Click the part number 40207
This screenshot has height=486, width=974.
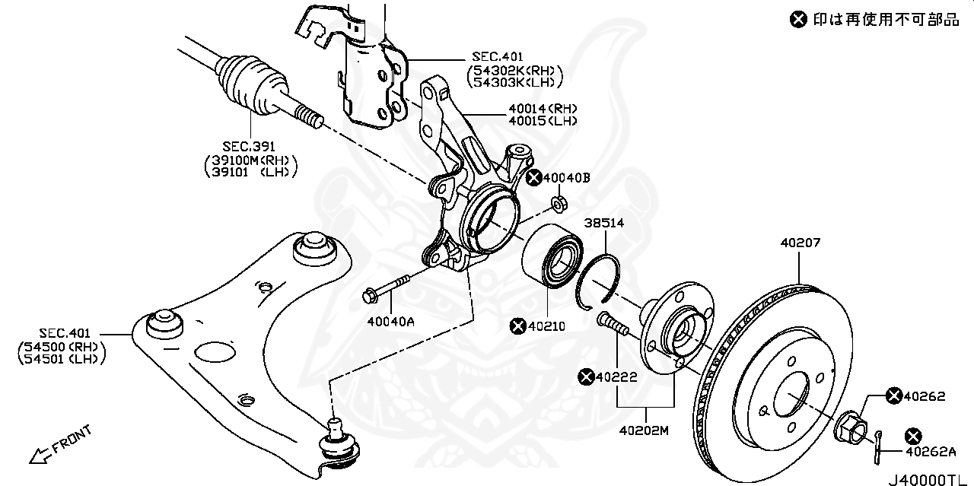pos(800,243)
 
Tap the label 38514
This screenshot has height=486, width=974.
pos(604,223)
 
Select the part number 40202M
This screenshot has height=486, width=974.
pos(644,430)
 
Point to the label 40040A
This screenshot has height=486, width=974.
pos(390,322)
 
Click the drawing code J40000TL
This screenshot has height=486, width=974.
pos(925,479)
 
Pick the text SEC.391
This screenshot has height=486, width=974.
pos(249,147)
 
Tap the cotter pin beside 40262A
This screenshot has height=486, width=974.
pos(878,447)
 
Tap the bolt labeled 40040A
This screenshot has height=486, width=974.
pos(387,287)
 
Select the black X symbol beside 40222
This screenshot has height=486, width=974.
pos(586,377)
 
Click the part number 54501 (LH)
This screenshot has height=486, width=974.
pos(61,359)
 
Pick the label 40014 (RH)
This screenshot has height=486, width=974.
pos(543,109)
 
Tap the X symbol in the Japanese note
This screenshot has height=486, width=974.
pos(798,20)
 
